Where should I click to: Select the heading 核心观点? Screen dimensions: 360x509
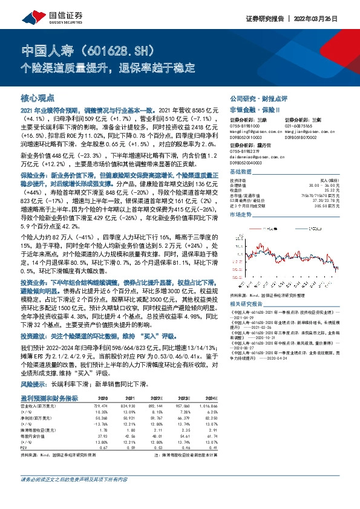[38, 97]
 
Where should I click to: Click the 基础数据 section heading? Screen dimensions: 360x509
[241, 172]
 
